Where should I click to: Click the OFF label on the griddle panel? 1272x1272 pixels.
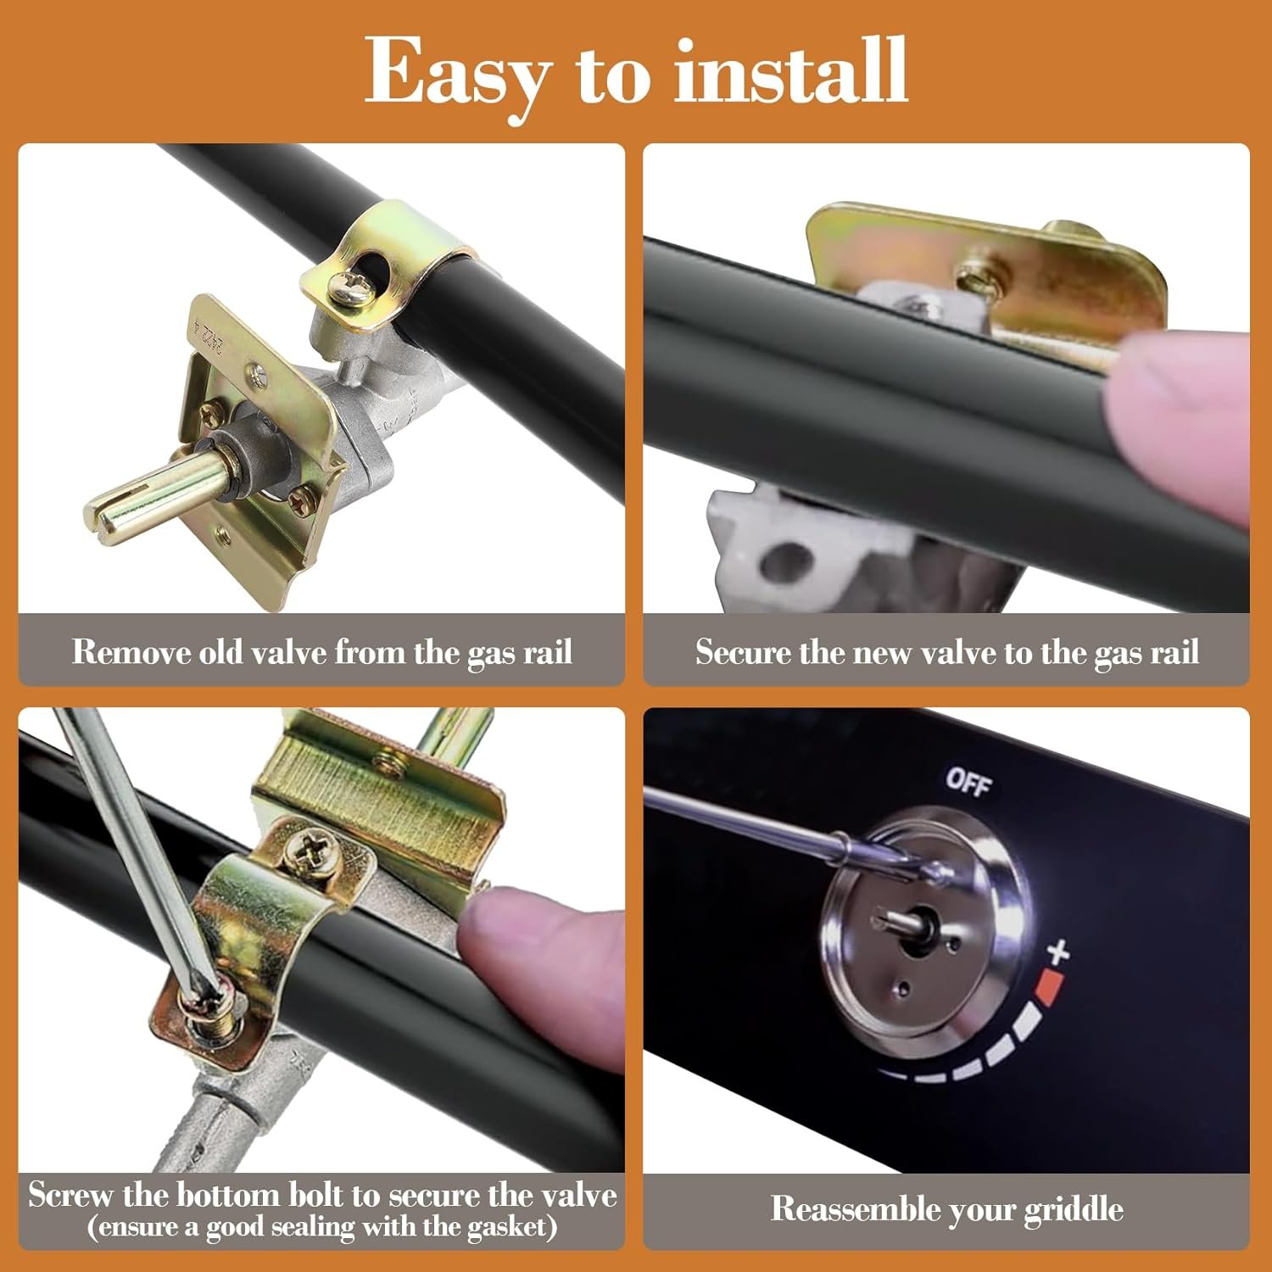tap(968, 782)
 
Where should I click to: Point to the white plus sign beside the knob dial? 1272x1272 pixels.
tap(1057, 951)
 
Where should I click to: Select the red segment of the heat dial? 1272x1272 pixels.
tap(1050, 987)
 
